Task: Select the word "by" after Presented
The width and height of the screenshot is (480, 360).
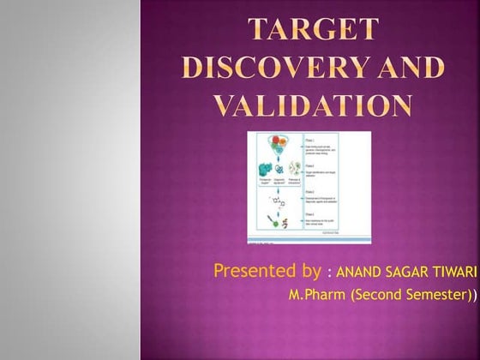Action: [x=310, y=272]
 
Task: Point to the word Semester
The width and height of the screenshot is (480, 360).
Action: [x=436, y=296]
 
